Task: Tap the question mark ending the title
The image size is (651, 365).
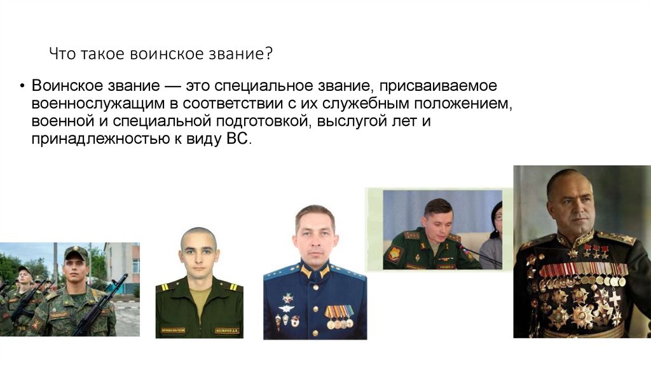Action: pyautogui.click(x=270, y=55)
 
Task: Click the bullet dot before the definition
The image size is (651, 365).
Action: pyautogui.click(x=22, y=87)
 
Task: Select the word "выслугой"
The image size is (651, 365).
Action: pyautogui.click(x=348, y=121)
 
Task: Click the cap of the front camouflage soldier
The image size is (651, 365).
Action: pyautogui.click(x=76, y=253)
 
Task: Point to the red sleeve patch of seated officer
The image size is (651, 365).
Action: pyautogui.click(x=394, y=254)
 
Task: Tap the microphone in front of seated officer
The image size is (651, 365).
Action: pyautogui.click(x=474, y=252)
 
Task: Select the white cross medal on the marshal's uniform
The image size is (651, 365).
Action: pyautogui.click(x=614, y=298)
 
